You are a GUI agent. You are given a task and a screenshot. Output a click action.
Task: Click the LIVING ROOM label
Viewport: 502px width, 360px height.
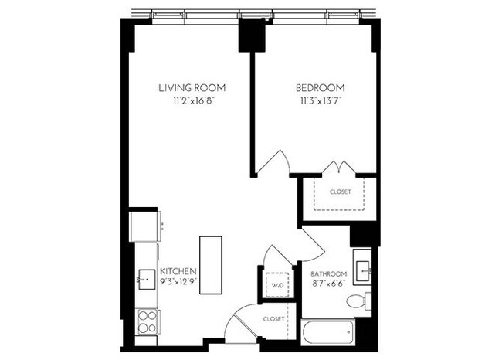[x=192, y=87]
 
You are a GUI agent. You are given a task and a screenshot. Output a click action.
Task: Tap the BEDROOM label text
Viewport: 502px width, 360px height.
[x=320, y=87]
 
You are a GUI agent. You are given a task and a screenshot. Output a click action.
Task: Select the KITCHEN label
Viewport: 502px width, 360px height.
[x=178, y=271]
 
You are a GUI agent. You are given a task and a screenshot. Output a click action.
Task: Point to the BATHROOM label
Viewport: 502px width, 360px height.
[x=329, y=273]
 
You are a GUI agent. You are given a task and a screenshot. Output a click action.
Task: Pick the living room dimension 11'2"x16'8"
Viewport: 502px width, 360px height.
[x=192, y=100]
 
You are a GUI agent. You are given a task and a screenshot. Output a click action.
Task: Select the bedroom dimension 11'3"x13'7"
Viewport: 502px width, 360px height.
[x=320, y=100]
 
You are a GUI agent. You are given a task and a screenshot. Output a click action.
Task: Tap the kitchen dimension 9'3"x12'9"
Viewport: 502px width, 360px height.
[x=178, y=284]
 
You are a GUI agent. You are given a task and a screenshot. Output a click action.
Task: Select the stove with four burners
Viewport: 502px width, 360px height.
[x=147, y=320]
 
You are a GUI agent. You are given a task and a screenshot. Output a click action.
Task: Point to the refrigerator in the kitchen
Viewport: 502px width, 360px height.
[x=146, y=226]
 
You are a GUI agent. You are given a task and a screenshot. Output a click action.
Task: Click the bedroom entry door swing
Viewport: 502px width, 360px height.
[x=272, y=163]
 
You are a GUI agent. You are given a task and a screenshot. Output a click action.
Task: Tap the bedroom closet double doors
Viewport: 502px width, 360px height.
[x=337, y=168]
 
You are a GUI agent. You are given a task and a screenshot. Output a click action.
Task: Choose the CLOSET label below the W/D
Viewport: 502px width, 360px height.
[x=274, y=318]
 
